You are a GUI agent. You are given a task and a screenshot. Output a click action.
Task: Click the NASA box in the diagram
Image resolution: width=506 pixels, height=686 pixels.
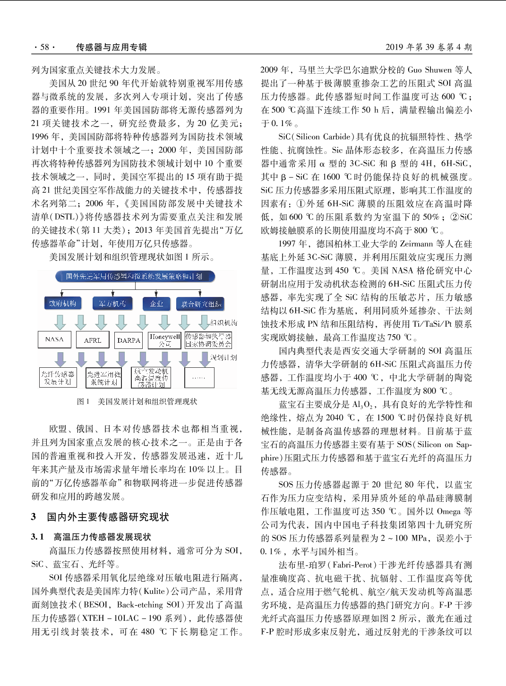(54, 339)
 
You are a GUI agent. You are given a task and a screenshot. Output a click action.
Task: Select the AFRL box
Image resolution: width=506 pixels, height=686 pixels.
(93, 340)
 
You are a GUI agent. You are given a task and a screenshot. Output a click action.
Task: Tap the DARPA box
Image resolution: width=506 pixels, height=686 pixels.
(129, 340)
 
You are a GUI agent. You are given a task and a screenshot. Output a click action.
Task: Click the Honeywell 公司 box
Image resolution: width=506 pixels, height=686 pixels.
(164, 340)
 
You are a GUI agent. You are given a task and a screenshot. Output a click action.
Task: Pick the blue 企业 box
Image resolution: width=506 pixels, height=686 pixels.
(156, 304)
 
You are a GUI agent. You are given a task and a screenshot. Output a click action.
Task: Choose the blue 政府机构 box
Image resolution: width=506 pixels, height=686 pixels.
(62, 304)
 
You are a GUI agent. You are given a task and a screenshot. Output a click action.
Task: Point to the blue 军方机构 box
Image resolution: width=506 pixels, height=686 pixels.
(112, 304)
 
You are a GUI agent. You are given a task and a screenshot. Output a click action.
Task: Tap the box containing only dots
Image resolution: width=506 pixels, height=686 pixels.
(199, 378)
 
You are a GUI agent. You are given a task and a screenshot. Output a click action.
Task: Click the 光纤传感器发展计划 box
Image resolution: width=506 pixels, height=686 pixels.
(58, 378)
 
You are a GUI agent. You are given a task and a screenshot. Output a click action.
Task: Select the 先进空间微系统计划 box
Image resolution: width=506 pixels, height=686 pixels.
(104, 378)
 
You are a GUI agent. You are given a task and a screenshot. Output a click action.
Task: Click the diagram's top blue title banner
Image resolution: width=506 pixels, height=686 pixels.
(135, 276)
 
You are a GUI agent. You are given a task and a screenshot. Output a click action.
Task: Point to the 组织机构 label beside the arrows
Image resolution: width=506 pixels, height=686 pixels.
(223, 322)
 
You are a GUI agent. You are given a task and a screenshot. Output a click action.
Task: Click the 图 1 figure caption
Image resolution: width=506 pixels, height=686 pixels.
(137, 401)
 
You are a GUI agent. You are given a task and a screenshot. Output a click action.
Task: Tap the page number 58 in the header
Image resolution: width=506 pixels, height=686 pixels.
(44, 47)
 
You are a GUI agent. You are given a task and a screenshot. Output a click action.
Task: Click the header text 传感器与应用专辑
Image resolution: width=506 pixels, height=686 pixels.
(111, 47)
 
